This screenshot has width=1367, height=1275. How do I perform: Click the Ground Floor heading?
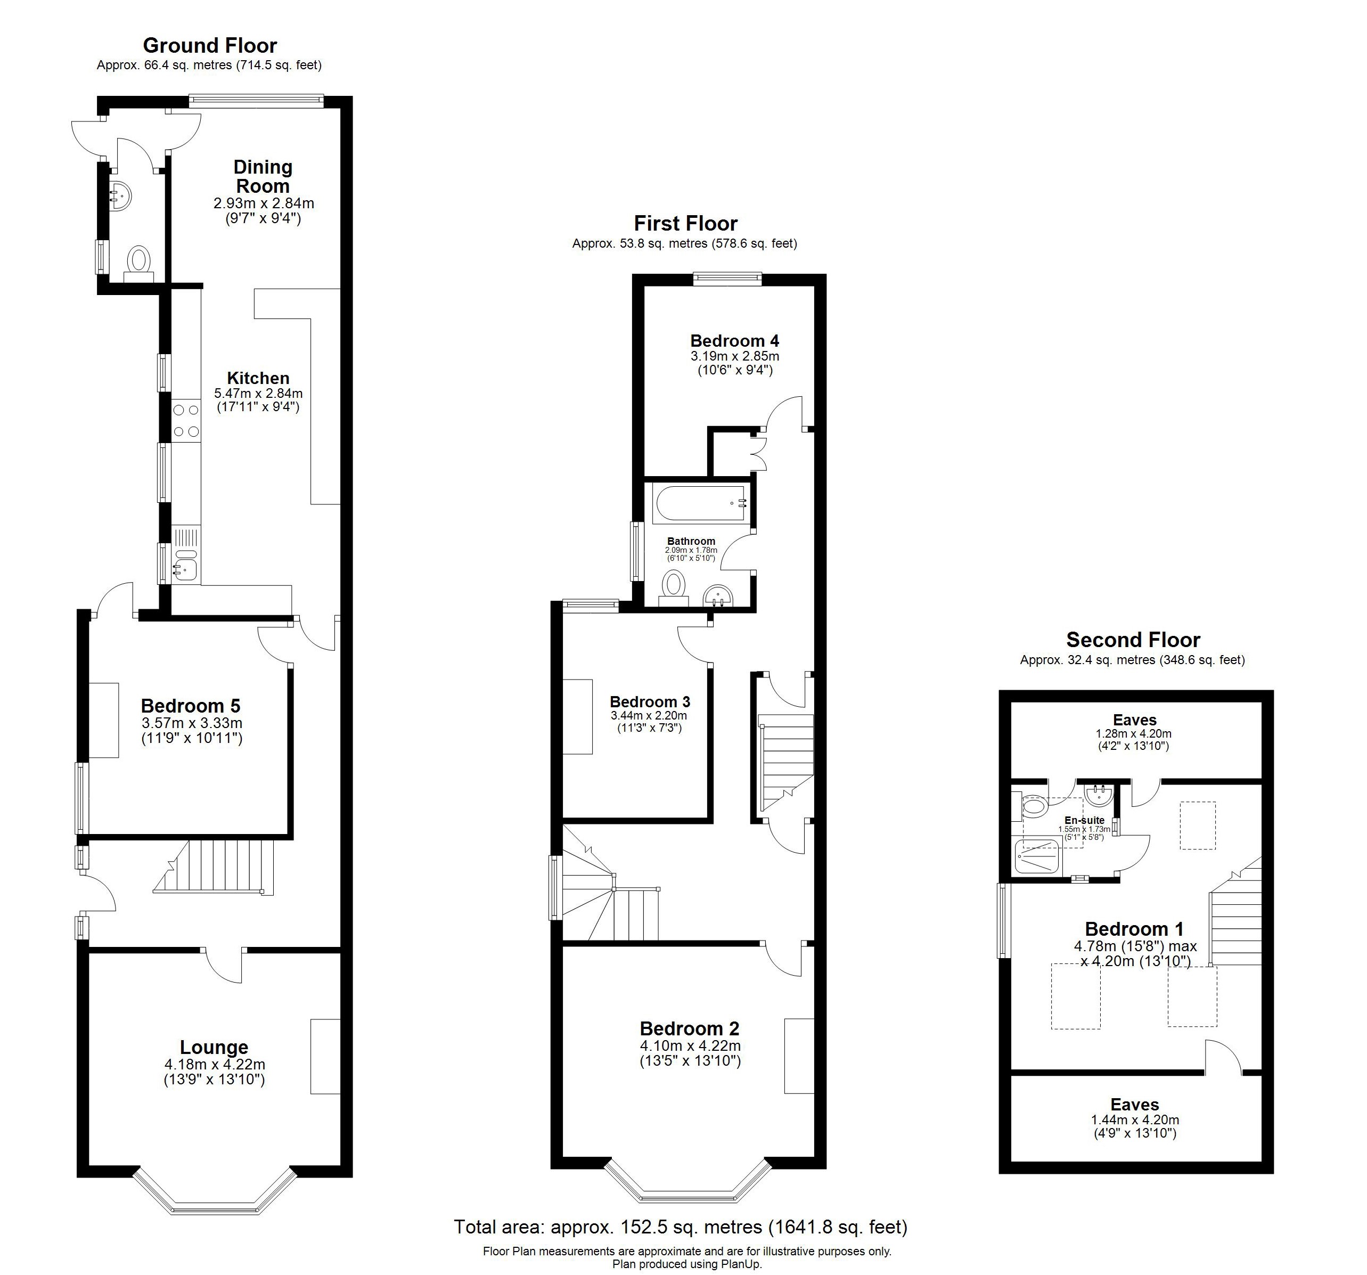pos(210,45)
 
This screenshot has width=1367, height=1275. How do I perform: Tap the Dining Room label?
pos(263,177)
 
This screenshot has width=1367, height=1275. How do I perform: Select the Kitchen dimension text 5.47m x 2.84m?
pos(259,394)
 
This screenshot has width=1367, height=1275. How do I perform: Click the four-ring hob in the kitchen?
pos(186,421)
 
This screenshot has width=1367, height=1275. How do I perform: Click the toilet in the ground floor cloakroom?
pos(140,261)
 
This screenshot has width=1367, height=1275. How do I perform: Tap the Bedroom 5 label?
pos(191,706)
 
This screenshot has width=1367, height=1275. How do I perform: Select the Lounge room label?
pos(214,1048)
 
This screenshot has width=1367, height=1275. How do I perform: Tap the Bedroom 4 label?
pos(734,340)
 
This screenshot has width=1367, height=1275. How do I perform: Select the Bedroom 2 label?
pos(689,1029)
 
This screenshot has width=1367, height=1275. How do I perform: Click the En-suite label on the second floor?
pos(1084,820)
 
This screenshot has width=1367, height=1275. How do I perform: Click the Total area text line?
pos(680,1227)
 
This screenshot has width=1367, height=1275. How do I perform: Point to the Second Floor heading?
pos(1133,640)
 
